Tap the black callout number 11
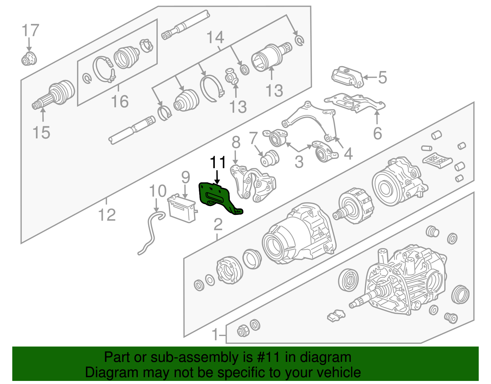(218, 162)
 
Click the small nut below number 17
(29, 59)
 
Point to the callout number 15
(41, 133)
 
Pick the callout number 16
(120, 101)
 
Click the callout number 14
(215, 37)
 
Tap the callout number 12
(107, 215)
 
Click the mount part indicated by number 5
(348, 77)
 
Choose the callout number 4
(348, 154)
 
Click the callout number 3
(299, 162)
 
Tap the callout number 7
(253, 138)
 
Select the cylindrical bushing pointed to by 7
(270, 158)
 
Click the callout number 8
(236, 142)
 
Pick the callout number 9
(186, 177)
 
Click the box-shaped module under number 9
(182, 208)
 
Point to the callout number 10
(158, 191)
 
